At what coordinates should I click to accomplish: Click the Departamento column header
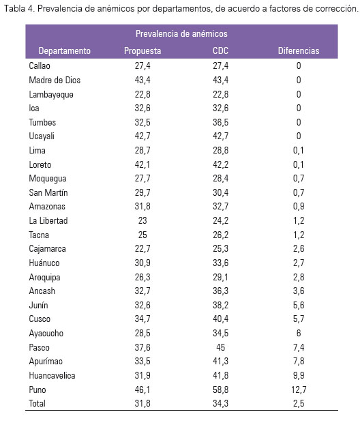coord(65,50)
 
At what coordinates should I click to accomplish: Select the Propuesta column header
coord(142,50)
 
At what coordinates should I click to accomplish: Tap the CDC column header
coord(220,50)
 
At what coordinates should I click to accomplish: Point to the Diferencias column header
coord(299,50)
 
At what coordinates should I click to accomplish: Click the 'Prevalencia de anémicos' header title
coord(181,33)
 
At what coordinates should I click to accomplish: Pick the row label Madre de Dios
coord(55,80)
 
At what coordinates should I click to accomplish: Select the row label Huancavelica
coord(52,375)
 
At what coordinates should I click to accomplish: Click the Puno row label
coord(37,390)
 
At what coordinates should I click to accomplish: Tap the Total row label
coord(37,403)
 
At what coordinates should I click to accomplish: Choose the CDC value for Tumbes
coord(220,122)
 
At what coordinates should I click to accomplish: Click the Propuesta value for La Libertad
coord(142,220)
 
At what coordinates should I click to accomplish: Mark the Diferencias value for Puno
coord(299,390)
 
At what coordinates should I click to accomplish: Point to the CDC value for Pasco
coord(220,347)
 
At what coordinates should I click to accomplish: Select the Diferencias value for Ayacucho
coord(299,333)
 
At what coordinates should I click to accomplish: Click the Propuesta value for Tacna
coord(142,235)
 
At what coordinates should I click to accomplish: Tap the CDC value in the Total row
coord(220,403)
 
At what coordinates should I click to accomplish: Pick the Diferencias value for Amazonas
coord(299,206)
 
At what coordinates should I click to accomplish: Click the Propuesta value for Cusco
coord(142,319)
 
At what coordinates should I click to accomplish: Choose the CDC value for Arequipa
coord(220,277)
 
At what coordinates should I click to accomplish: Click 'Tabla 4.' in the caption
coord(19,9)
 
